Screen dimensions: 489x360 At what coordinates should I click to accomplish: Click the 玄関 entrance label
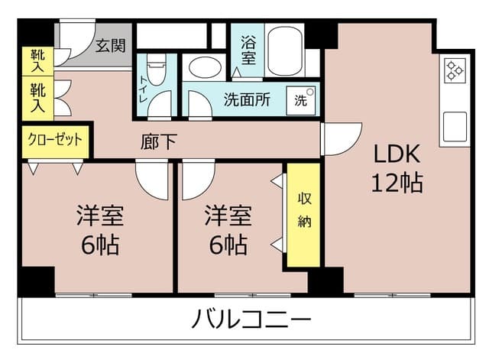110,46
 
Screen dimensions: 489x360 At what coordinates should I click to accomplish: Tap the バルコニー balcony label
251,319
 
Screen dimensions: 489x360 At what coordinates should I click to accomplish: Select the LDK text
397,154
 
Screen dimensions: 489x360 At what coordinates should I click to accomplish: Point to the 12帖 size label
397,183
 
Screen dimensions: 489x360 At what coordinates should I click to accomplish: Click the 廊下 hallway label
158,141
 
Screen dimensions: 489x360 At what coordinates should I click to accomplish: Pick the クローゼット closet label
55,139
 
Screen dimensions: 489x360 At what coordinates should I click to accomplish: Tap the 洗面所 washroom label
247,99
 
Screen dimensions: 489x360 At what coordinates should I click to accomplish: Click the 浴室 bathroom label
248,50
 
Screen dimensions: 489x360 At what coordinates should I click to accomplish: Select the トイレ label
143,89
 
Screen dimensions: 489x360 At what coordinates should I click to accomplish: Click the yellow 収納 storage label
304,210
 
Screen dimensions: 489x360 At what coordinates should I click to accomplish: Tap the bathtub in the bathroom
285,51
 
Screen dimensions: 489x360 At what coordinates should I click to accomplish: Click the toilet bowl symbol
156,71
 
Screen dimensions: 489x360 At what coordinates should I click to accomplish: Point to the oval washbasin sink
206,67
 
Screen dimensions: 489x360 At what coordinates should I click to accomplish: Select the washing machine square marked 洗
300,100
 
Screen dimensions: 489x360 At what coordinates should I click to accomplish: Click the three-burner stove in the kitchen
455,70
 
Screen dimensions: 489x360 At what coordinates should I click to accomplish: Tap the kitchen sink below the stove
455,126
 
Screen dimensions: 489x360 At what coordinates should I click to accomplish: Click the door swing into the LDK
342,139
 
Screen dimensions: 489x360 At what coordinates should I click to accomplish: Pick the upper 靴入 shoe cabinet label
37,61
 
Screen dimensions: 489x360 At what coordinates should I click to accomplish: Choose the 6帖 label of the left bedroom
100,245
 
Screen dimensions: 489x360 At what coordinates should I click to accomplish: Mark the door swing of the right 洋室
199,180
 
